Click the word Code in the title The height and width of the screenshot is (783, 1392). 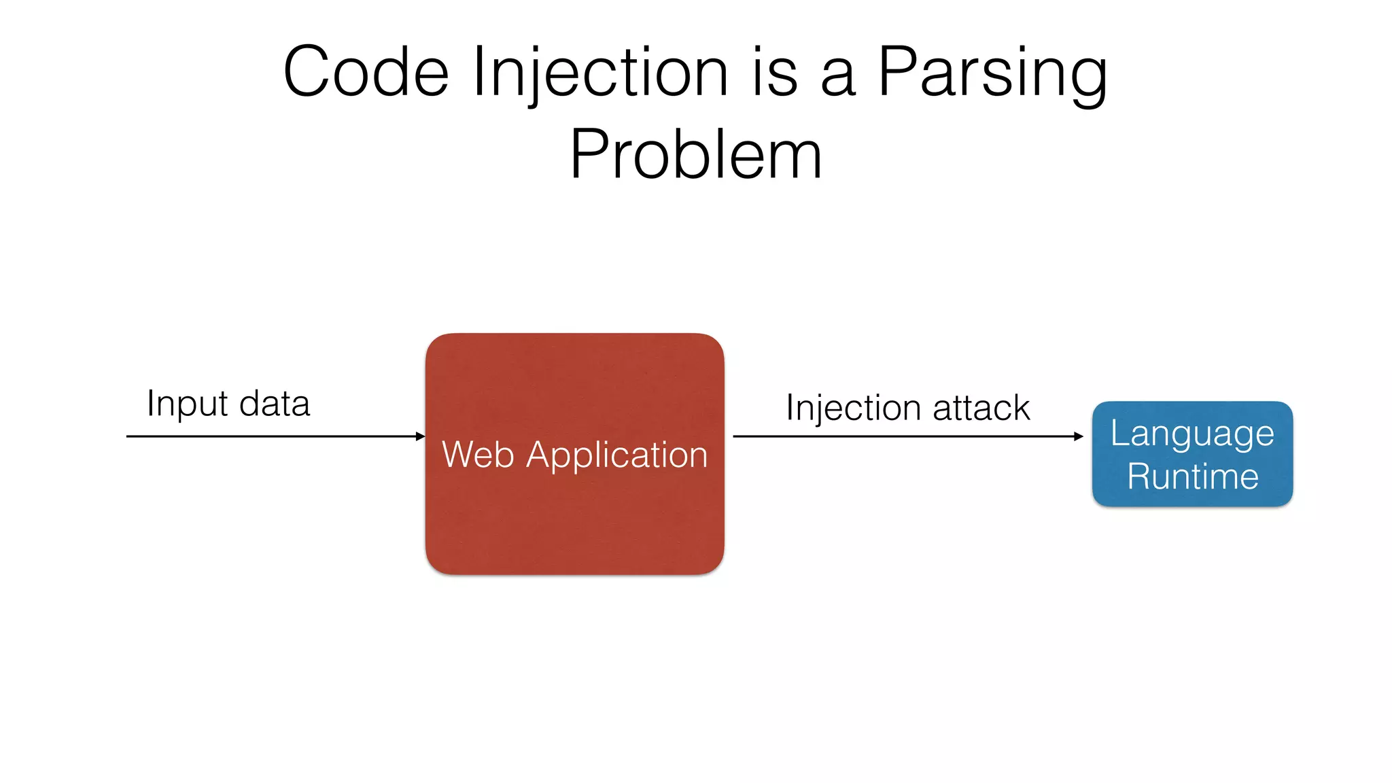coord(366,72)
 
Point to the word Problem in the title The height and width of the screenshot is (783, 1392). coord(695,155)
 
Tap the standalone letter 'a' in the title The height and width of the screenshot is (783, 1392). coord(837,76)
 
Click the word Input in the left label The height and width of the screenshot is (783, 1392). coord(187,404)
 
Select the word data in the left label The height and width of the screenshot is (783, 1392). coord(275,404)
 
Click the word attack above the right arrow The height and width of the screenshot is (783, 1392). coord(981,408)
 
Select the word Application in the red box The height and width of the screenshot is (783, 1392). coord(616,455)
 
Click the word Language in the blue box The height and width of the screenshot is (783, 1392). coord(1192,434)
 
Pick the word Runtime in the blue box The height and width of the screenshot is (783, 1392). coord(1192,476)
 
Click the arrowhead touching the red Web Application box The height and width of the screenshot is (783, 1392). coord(421,436)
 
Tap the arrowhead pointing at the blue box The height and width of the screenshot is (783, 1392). coord(1079,436)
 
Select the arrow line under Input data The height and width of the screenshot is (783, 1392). coord(272,436)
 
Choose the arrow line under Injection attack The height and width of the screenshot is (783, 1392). coord(904,436)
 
